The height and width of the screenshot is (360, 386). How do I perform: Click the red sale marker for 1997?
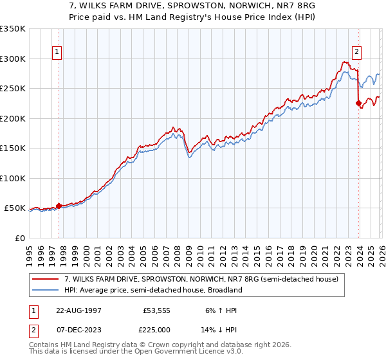[x=59, y=206]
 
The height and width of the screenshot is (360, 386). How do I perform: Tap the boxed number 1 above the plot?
[x=57, y=53]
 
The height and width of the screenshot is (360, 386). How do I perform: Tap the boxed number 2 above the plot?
[x=356, y=53]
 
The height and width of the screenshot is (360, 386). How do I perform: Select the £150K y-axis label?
[x=13, y=148]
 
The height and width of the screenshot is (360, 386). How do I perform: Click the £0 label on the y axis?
[x=20, y=238]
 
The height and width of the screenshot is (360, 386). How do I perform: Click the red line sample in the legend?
[x=46, y=279]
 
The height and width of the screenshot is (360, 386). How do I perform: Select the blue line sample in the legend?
[x=46, y=290]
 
